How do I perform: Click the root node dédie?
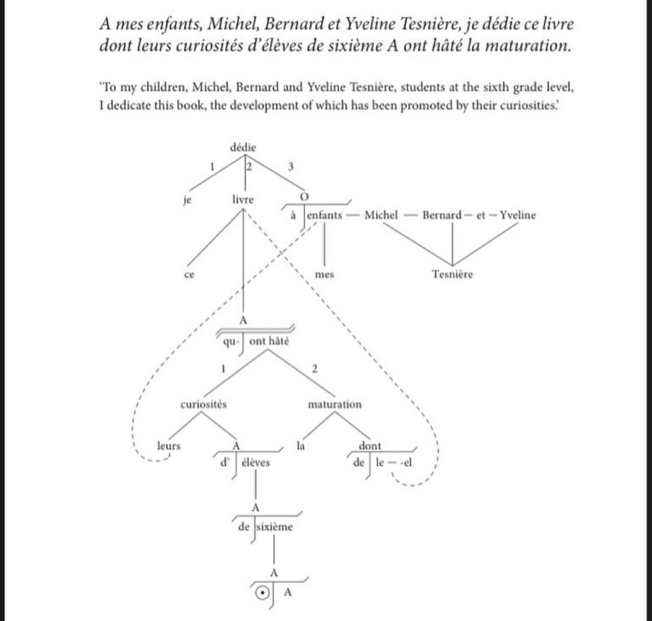243,148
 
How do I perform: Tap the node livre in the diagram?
243,200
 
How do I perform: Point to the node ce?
189,275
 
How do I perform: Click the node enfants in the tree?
325,216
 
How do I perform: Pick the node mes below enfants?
325,275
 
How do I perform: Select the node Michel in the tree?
381,216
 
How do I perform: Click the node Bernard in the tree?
441,216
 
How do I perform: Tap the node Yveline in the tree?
518,216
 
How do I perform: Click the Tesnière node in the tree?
452,274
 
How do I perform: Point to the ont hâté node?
269,342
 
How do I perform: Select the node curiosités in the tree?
204,405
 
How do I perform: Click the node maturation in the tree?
335,405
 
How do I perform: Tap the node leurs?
169,446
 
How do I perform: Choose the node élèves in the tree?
256,463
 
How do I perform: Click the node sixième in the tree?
274,527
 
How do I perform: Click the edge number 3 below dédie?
289,166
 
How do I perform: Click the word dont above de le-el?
370,446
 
